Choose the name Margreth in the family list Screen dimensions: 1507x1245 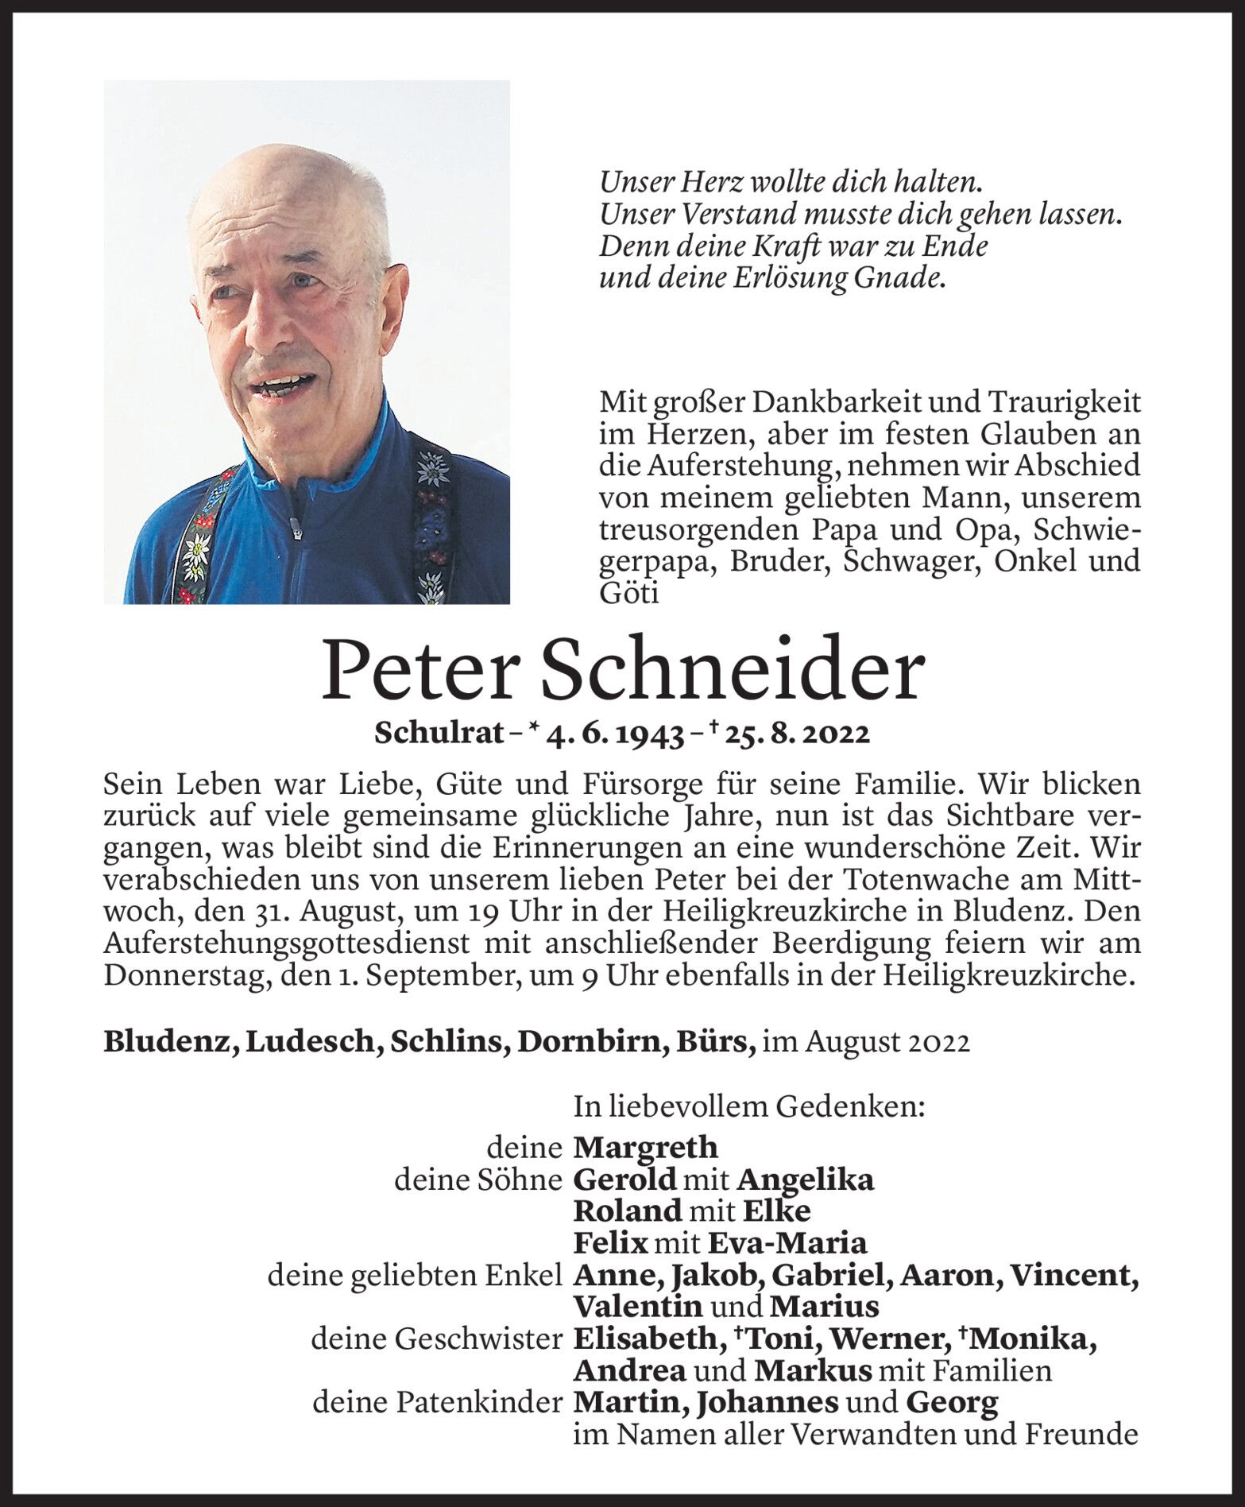[x=645, y=1147]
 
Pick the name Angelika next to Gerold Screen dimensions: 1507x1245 [x=806, y=1180]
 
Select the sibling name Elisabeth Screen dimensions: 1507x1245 [x=644, y=1339]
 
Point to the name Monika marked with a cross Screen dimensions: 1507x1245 [x=1030, y=1339]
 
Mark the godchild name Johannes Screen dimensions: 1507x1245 [x=766, y=1403]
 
